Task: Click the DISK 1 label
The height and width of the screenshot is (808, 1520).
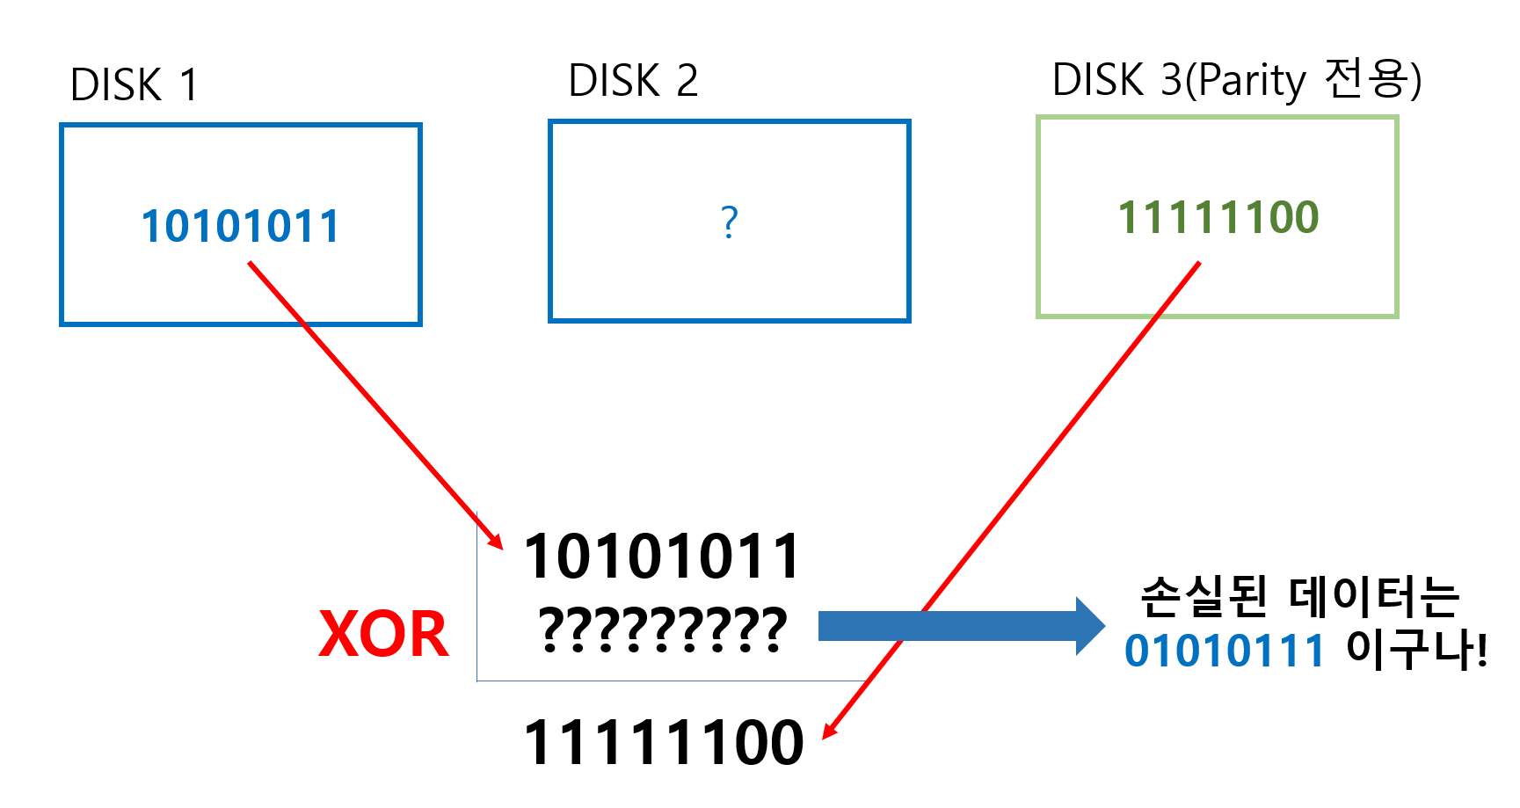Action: tap(134, 85)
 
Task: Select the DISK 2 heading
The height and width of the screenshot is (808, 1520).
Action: tap(633, 81)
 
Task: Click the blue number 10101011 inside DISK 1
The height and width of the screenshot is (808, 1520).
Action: tap(240, 227)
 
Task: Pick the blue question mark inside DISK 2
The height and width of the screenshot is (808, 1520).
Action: tap(729, 222)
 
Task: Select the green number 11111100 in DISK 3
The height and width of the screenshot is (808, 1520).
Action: tap(1218, 218)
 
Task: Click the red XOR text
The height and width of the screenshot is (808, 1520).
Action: tap(383, 634)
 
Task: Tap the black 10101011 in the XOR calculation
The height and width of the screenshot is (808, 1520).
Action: tap(662, 557)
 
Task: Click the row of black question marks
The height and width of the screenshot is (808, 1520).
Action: tap(662, 630)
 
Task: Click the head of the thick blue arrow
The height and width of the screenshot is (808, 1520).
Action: tap(1090, 626)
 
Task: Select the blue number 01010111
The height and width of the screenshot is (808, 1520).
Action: tap(1224, 651)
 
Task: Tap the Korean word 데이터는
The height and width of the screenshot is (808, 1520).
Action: tap(1374, 597)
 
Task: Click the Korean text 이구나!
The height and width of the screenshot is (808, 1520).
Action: tap(1416, 651)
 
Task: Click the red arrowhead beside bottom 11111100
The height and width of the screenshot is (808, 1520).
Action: tap(830, 731)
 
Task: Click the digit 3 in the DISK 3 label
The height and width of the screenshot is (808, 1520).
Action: tap(1172, 80)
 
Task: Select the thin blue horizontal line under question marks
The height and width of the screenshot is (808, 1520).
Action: tap(668, 681)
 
